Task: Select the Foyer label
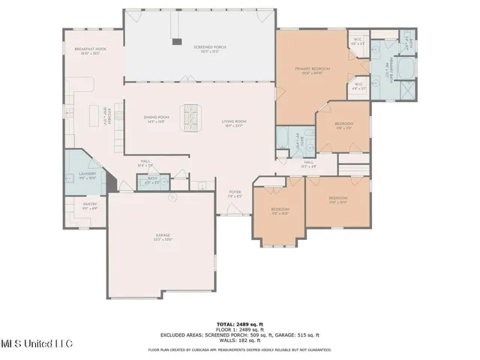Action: [234, 193]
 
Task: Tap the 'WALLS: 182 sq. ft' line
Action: [239, 340]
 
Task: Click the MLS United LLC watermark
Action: [36, 343]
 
